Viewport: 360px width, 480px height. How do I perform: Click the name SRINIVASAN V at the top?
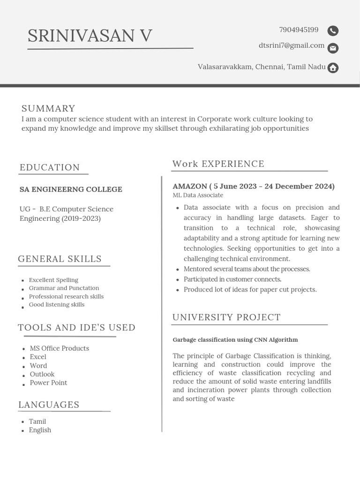[x=90, y=36]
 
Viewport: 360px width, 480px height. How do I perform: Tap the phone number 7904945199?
[x=299, y=30]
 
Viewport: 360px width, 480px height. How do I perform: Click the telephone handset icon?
[x=333, y=31]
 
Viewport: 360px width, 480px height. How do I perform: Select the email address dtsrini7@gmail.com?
[x=291, y=45]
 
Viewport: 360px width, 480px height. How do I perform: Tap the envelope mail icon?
[x=333, y=48]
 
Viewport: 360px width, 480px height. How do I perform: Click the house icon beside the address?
[x=333, y=68]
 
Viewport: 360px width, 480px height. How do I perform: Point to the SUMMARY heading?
[x=48, y=109]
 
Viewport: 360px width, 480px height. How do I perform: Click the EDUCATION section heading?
[x=50, y=167]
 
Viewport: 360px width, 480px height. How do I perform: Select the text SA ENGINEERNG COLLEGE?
[x=71, y=189]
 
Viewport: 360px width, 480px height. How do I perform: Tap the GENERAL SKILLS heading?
[x=60, y=259]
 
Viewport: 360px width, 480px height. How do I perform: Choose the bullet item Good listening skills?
[x=57, y=305]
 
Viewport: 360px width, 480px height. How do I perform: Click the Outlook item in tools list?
[x=42, y=374]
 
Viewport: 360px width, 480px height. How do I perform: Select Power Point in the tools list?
[x=48, y=382]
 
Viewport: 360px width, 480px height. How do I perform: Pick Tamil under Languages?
[x=37, y=421]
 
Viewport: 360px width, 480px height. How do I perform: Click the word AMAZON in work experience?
[x=190, y=187]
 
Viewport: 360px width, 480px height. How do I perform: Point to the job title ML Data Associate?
[x=198, y=195]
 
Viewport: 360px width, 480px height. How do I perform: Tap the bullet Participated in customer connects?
[x=232, y=279]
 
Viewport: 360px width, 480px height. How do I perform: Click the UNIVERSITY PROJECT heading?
[x=226, y=317]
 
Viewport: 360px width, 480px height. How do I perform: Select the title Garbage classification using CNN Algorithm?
[x=235, y=340]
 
